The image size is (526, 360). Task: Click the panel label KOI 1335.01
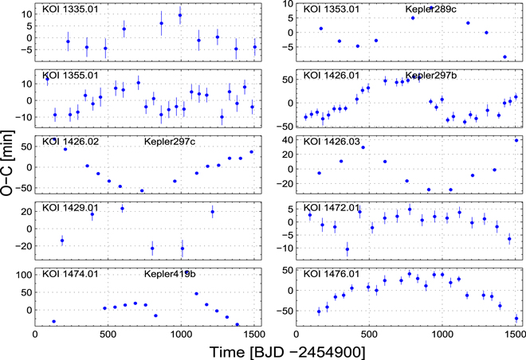(x=70, y=9)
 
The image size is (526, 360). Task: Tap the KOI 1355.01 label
(x=70, y=75)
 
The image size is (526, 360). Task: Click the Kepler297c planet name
(x=170, y=142)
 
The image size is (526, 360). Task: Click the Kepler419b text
(x=170, y=274)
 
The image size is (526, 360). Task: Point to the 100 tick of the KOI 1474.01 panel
(x=22, y=274)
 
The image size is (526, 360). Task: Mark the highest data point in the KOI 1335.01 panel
(x=180, y=15)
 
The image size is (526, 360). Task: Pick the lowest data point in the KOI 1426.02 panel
(x=142, y=190)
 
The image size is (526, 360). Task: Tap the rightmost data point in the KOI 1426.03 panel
(x=516, y=140)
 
